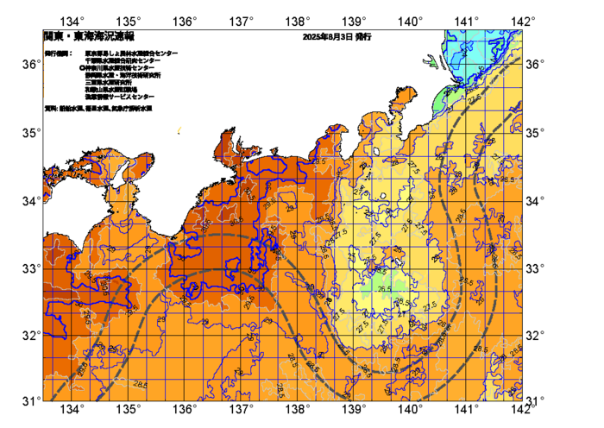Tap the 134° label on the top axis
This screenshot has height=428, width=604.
tap(75, 20)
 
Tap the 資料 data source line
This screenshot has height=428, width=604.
tap(104, 109)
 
